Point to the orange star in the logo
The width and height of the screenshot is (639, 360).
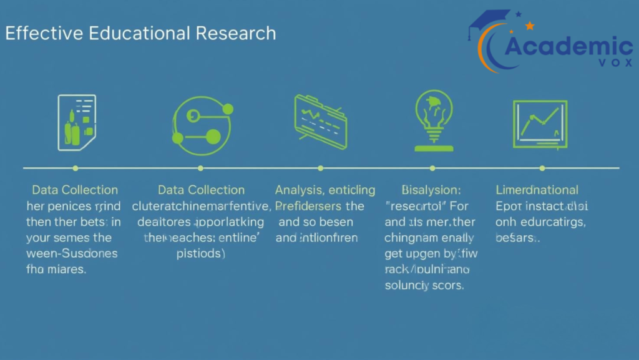click(530, 26)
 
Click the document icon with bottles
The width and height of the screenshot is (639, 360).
click(76, 122)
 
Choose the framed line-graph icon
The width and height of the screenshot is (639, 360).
click(540, 124)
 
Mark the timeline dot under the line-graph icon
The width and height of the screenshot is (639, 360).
click(542, 168)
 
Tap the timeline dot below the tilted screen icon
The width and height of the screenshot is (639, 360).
click(321, 168)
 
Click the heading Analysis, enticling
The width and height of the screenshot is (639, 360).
click(325, 190)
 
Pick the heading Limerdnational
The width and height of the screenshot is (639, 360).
click(537, 190)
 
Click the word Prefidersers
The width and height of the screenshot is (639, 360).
click(308, 205)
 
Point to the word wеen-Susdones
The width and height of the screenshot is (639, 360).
click(72, 253)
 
